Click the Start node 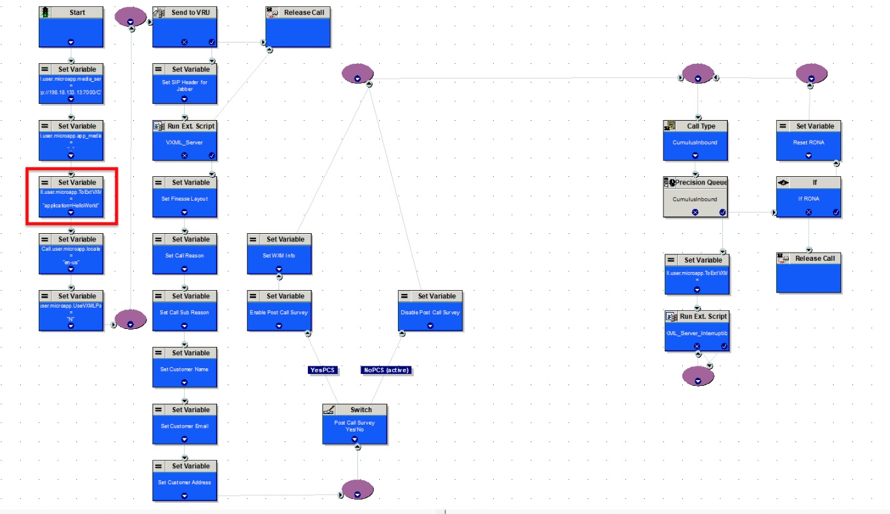tap(71, 27)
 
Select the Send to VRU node tap(185, 27)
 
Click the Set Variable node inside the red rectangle tap(71, 197)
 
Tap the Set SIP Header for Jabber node tap(185, 84)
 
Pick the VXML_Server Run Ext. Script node tap(185, 141)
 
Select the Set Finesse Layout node tap(185, 197)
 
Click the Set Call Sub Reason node tap(185, 311)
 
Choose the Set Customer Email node tap(185, 425)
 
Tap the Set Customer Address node tap(185, 481)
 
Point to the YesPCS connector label tap(323, 370)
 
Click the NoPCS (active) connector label tap(386, 370)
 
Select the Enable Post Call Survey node tap(279, 311)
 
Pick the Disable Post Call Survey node tap(430, 311)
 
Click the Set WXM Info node tap(279, 254)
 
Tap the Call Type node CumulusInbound tap(695, 141)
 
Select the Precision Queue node tap(695, 197)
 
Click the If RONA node tap(809, 197)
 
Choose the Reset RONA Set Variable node tap(809, 141)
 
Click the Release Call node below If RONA tap(809, 273)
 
